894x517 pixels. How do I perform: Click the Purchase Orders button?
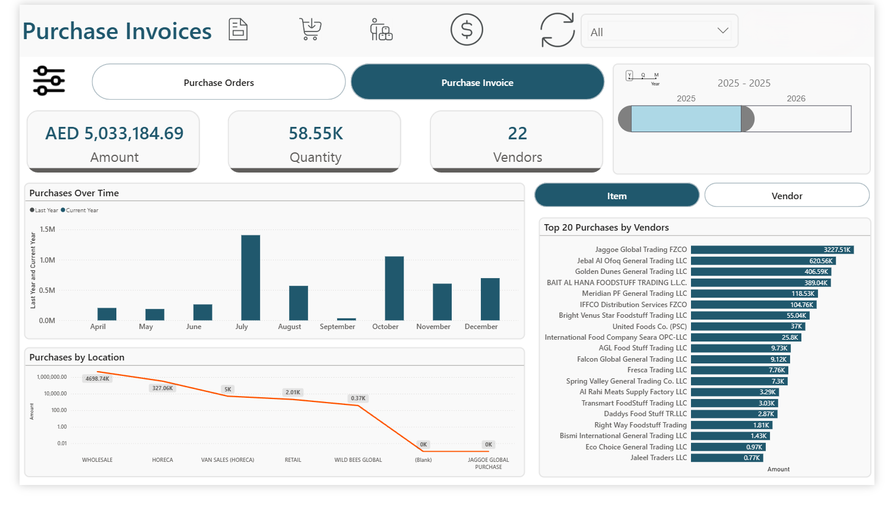[x=218, y=82]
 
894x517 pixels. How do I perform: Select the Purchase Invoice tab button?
[x=477, y=82]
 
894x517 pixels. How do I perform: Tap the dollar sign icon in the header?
[x=467, y=30]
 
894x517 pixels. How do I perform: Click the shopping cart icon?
[x=310, y=29]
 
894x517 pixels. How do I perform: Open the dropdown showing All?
[x=659, y=31]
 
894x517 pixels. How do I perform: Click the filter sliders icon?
[x=49, y=81]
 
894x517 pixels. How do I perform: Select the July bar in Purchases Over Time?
[x=251, y=277]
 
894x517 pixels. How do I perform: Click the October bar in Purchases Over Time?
[x=394, y=288]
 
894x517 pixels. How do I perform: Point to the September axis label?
[x=337, y=327]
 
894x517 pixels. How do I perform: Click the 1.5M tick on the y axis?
[x=47, y=229]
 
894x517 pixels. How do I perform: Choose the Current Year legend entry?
[x=81, y=210]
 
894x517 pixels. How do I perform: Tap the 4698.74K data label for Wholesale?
[x=97, y=379]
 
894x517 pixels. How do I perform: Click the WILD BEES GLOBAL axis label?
[x=358, y=460]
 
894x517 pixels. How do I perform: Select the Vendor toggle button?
[x=787, y=196]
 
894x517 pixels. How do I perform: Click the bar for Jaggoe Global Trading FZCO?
[x=772, y=250]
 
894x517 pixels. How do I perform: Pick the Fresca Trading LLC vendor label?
[x=657, y=370]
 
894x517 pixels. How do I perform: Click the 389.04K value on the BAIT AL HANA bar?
[x=816, y=283]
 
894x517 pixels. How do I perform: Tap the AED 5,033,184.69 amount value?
[x=115, y=133]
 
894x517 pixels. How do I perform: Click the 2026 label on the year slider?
[x=796, y=98]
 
